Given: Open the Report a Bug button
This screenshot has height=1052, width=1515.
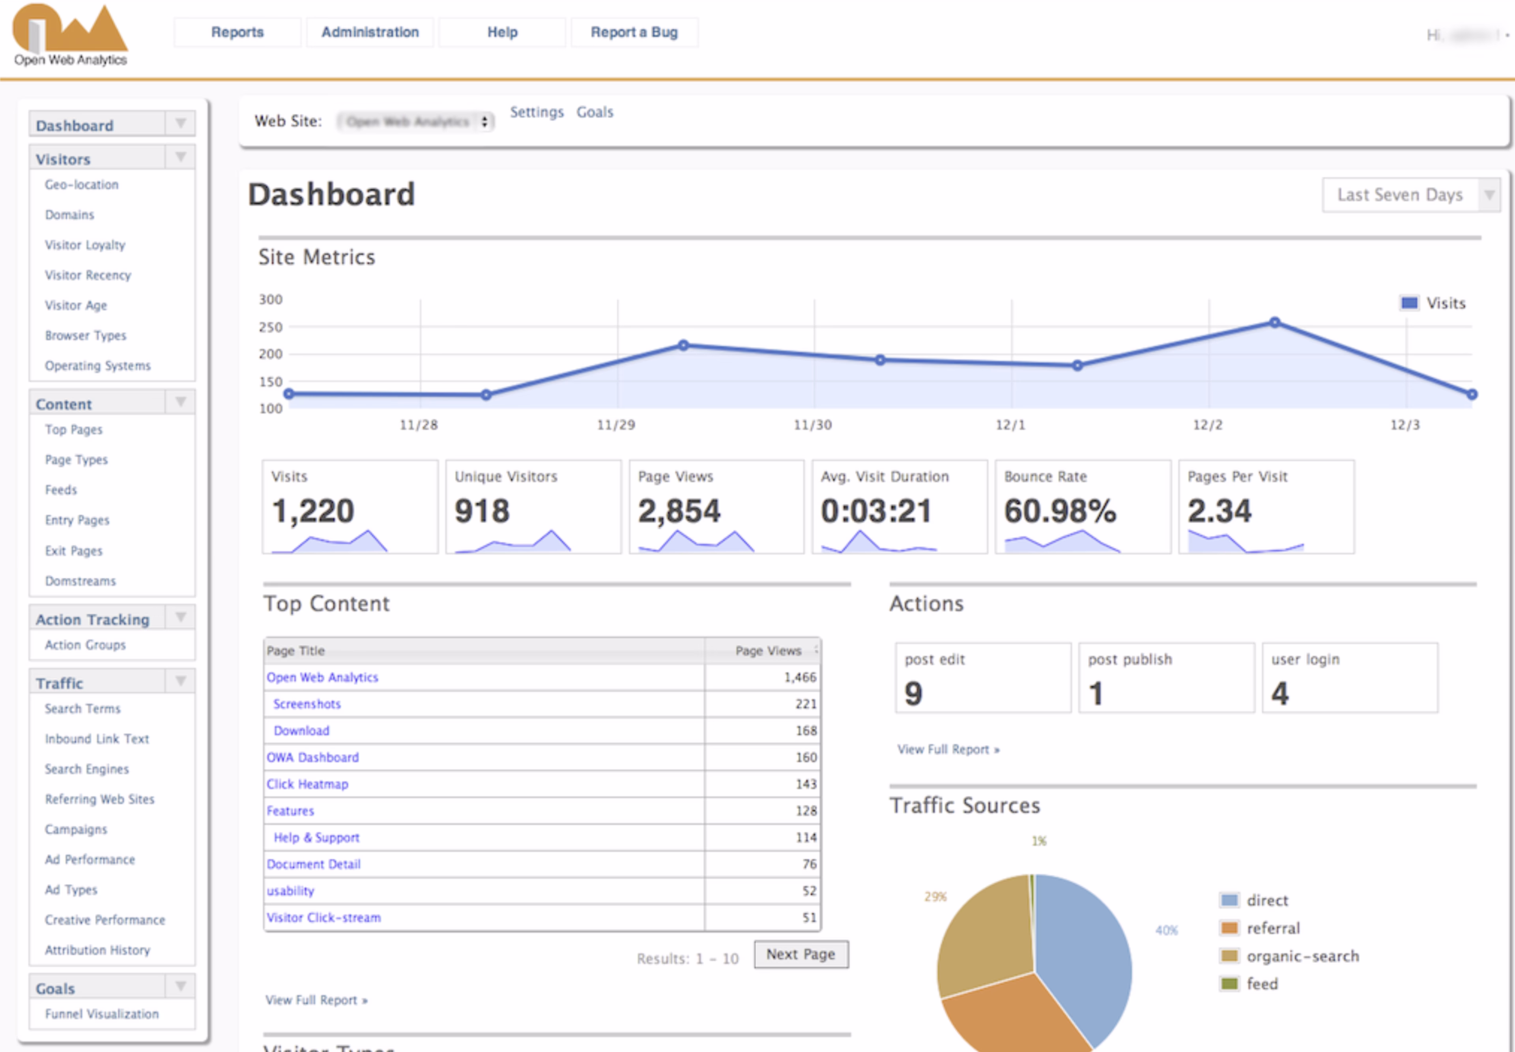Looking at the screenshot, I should tap(634, 32).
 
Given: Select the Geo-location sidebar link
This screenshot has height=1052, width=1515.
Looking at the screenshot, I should tap(82, 185).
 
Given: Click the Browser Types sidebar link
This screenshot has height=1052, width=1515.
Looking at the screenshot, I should tap(86, 335).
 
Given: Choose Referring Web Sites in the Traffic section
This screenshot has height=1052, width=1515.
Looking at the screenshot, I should tap(99, 799).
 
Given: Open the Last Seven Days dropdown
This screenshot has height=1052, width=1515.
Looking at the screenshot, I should tap(1410, 195).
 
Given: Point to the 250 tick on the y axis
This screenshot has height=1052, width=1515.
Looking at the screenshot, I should tap(270, 328).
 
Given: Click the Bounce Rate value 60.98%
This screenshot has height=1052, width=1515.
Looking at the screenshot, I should tap(1060, 511).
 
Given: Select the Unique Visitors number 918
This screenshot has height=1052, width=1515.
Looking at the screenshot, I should tap(482, 511).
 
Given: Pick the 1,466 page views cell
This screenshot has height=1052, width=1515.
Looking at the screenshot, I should tap(799, 678).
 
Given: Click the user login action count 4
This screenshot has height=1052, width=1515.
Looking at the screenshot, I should tap(1280, 693).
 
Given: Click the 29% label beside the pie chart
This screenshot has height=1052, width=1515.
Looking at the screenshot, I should tap(935, 897).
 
